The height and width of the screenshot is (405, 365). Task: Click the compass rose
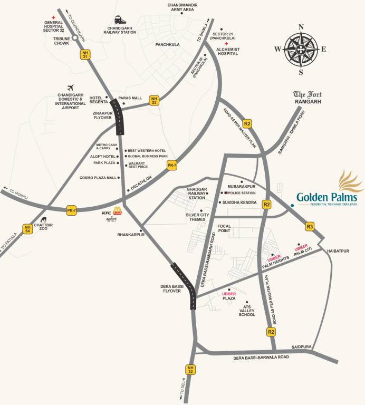pyautogui.click(x=301, y=49)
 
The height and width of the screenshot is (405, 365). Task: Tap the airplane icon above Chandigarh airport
pyautogui.click(x=70, y=88)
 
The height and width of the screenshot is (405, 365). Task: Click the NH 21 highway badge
pyautogui.click(x=85, y=54)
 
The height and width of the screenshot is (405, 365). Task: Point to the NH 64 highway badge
pyautogui.click(x=27, y=229)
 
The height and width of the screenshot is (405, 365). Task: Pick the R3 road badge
pyautogui.click(x=310, y=227)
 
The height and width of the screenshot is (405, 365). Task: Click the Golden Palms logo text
pyautogui.click(x=326, y=197)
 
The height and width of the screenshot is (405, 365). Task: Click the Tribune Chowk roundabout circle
pyautogui.click(x=75, y=38)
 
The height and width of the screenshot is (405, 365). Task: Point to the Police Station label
pyautogui.click(x=238, y=194)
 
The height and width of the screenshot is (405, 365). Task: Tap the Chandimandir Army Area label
pyautogui.click(x=181, y=7)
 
